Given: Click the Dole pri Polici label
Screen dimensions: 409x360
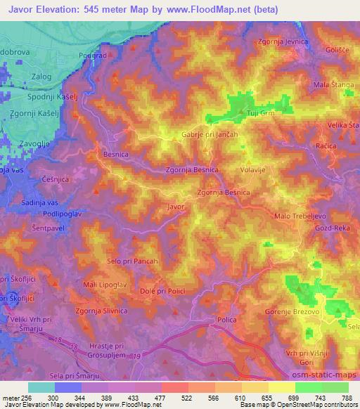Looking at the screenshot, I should tap(162, 290).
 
